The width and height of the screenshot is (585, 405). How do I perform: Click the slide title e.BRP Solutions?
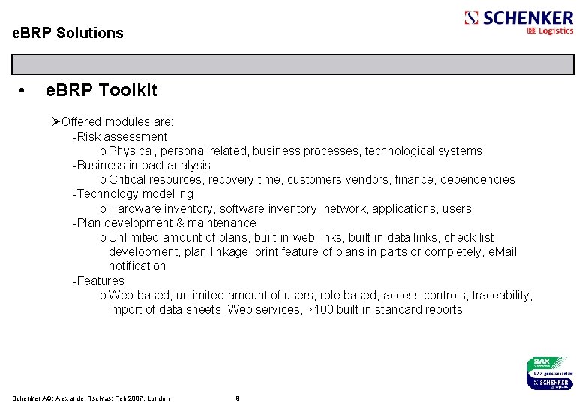[x=68, y=33]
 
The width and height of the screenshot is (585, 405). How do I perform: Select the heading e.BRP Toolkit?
[x=102, y=91]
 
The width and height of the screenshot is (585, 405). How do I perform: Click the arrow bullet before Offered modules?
[x=56, y=121]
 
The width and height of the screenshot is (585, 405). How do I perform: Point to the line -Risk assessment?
[x=120, y=136]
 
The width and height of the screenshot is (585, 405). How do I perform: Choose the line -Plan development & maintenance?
[x=163, y=223]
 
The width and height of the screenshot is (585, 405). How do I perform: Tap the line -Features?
[x=98, y=280]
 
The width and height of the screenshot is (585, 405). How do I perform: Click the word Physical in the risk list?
[x=130, y=151]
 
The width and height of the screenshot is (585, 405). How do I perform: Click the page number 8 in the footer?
[x=237, y=397]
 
